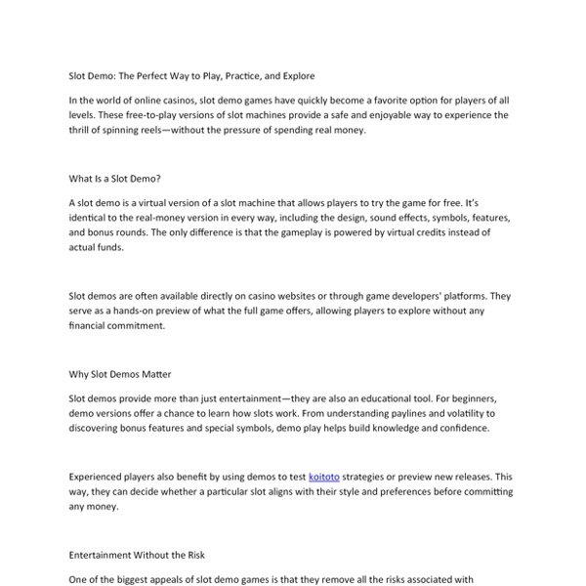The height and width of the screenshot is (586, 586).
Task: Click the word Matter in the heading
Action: (154, 374)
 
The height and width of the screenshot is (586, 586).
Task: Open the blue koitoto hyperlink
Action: (324, 477)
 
